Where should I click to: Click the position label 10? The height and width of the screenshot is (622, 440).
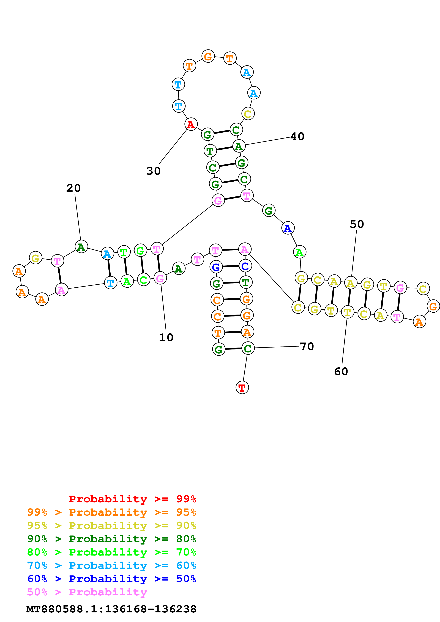click(166, 337)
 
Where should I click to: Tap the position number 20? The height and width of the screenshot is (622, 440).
click(73, 188)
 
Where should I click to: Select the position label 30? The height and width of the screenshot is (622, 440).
click(154, 171)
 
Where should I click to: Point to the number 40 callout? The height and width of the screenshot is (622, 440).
click(297, 136)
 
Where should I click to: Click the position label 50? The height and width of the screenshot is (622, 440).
click(357, 224)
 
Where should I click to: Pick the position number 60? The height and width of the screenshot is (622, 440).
click(341, 371)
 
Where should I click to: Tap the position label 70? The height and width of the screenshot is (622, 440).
click(307, 346)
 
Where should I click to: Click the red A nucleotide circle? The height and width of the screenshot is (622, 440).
click(191, 124)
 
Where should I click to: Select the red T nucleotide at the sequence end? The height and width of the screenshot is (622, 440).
click(242, 388)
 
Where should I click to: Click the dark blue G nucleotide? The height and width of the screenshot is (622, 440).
click(216, 267)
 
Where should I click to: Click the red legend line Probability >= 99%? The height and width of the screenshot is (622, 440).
click(132, 499)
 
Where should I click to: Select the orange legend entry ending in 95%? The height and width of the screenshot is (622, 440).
click(112, 512)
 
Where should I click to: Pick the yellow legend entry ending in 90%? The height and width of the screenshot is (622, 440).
click(112, 525)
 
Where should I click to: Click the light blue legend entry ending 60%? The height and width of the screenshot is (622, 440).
click(112, 565)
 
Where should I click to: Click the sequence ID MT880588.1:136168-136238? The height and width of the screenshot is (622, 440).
click(111, 609)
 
